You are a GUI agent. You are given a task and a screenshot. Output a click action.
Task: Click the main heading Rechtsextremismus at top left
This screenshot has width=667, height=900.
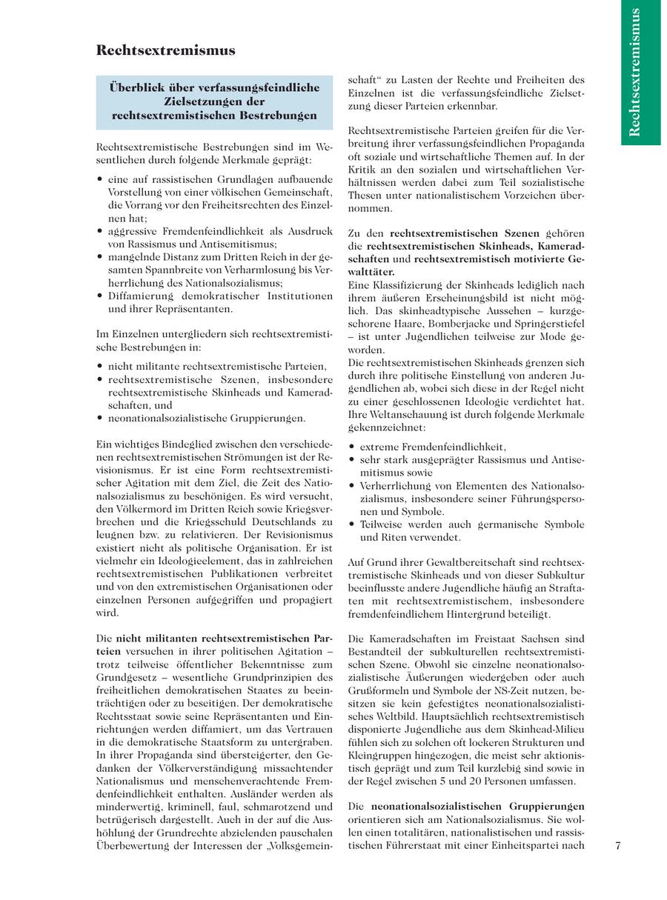point(166,50)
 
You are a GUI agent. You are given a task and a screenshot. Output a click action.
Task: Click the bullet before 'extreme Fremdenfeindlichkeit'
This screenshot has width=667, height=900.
point(352,447)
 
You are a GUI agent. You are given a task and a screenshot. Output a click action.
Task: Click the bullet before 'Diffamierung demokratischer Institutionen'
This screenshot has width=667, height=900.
point(100,296)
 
